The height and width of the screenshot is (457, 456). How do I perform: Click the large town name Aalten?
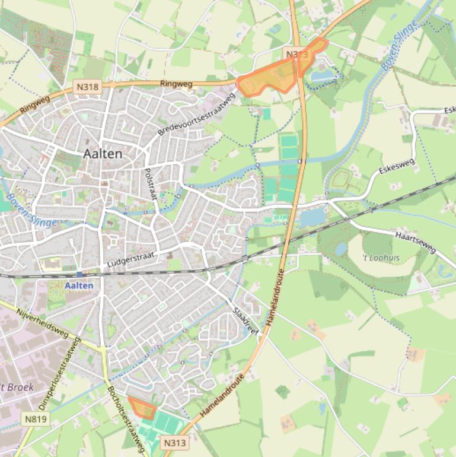[x=103, y=154]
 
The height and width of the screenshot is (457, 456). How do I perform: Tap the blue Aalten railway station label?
[x=79, y=285]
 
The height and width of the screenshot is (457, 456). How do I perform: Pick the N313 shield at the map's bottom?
[x=174, y=443]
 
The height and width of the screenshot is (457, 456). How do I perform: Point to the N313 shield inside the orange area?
[x=296, y=55]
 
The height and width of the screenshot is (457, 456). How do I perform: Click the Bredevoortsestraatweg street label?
[x=197, y=115]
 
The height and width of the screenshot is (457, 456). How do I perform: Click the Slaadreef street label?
[x=245, y=322]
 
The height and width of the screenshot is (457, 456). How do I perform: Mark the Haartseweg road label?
[x=415, y=242]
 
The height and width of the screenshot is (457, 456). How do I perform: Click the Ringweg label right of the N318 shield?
[x=176, y=85]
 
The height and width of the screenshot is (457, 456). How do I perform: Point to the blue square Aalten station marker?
[x=79, y=275]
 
